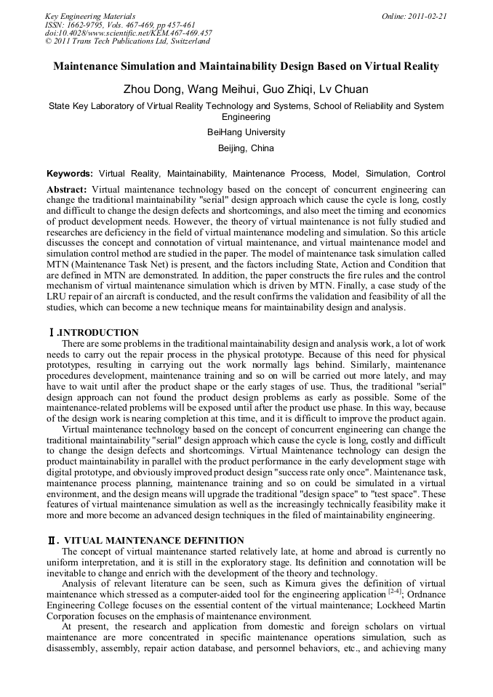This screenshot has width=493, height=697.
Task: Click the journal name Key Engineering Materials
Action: [x=90, y=15]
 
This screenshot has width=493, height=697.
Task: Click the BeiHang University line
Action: [x=246, y=132]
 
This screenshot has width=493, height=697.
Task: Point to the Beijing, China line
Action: [x=246, y=148]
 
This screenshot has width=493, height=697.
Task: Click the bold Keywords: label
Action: [x=70, y=174]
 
